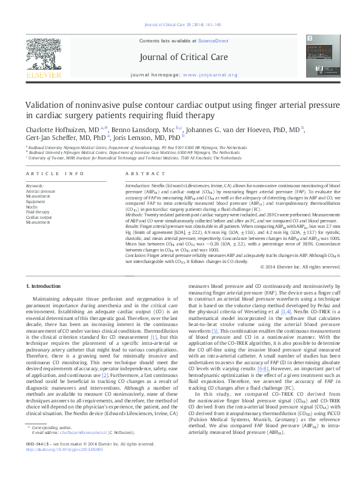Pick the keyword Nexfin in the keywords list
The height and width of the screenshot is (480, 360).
(x=32, y=207)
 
